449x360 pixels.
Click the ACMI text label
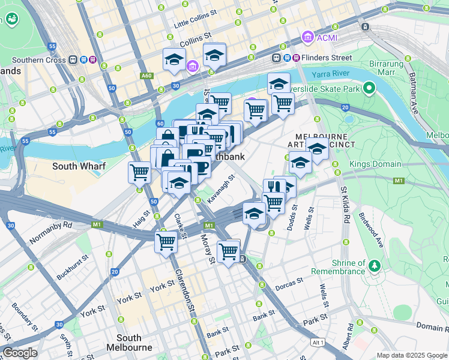[x=328, y=38]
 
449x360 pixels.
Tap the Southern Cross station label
[x=39, y=60]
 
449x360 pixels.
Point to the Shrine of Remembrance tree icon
[x=375, y=265]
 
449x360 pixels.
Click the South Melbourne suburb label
[x=129, y=343]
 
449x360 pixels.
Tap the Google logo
[x=20, y=353]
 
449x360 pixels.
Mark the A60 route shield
[x=146, y=76]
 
